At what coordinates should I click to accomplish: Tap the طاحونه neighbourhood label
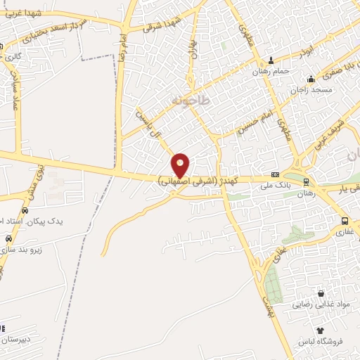(x=190, y=102)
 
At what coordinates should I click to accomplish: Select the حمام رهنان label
(x=271, y=71)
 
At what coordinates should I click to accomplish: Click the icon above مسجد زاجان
(x=311, y=79)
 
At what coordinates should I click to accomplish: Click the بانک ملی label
(x=275, y=186)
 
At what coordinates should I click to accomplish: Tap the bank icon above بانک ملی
(x=275, y=175)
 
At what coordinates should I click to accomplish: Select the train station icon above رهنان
(x=305, y=181)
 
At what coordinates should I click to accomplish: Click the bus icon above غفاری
(x=344, y=220)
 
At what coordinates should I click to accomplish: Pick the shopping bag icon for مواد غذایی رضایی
(x=321, y=293)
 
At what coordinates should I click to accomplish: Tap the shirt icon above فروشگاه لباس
(x=320, y=330)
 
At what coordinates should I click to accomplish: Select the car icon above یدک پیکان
(x=25, y=210)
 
